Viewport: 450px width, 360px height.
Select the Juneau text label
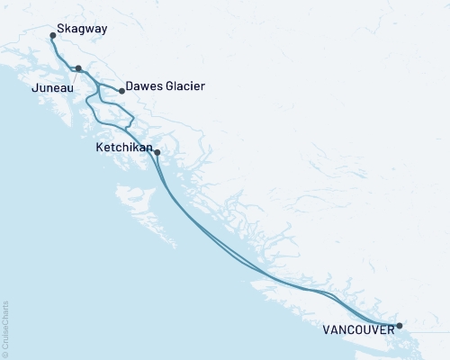click(52, 89)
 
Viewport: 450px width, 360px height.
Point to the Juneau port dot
click(78, 68)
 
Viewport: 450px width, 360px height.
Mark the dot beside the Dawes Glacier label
click(121, 91)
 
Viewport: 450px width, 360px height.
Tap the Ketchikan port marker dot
click(157, 152)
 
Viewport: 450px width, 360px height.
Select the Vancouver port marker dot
click(400, 325)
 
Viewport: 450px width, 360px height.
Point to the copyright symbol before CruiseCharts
click(5, 352)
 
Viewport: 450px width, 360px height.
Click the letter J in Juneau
click(35, 89)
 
